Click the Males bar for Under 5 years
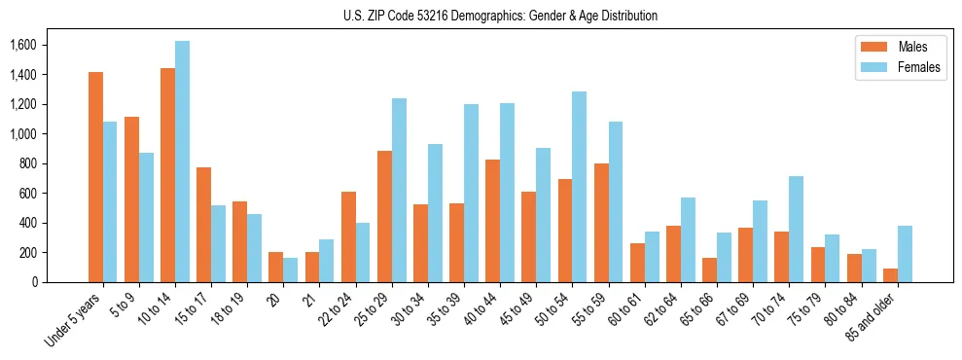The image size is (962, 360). (95, 177)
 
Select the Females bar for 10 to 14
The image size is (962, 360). (182, 162)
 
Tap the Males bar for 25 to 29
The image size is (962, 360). (384, 216)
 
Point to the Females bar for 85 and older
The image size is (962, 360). (905, 254)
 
